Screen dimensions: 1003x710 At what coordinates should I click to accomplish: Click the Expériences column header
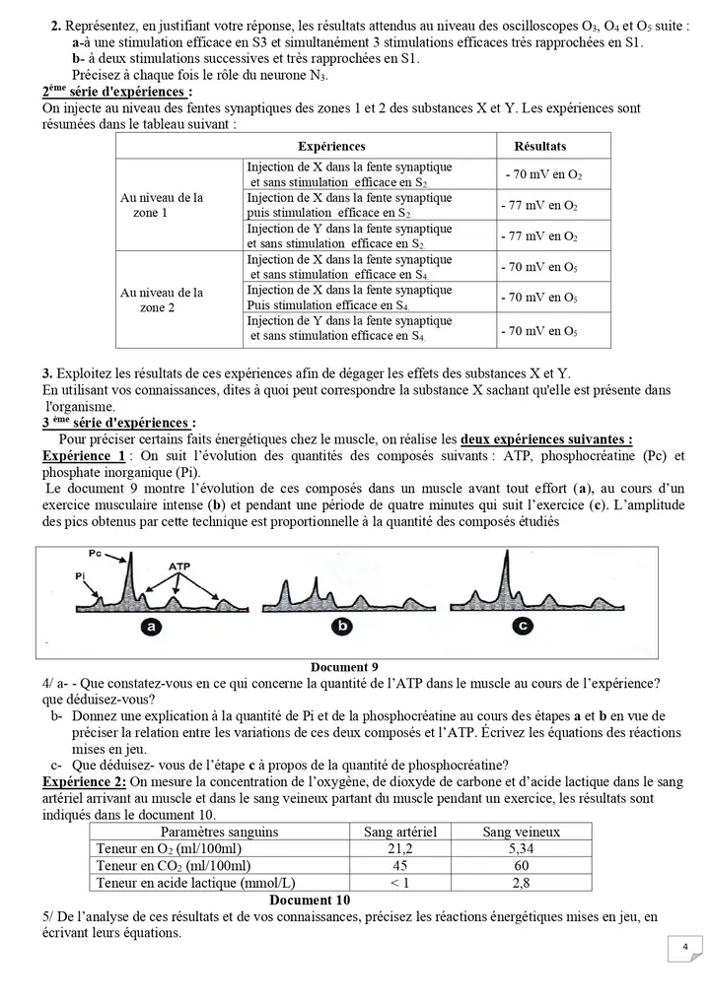[x=331, y=146]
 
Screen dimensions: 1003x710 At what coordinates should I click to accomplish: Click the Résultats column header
[x=540, y=146]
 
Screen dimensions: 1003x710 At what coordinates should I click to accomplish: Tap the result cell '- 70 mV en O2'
[x=543, y=175]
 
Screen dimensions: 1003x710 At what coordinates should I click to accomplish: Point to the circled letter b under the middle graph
[x=342, y=626]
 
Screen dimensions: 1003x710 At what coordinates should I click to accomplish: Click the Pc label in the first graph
[x=94, y=555]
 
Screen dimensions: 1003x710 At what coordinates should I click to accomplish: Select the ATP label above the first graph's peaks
[x=179, y=568]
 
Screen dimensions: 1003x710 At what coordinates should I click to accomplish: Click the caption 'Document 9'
[x=344, y=666]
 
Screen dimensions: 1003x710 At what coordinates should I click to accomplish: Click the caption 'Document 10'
[x=310, y=900]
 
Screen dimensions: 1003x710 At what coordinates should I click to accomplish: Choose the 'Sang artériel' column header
[x=401, y=832]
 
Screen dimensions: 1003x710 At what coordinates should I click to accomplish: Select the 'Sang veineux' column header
[x=521, y=832]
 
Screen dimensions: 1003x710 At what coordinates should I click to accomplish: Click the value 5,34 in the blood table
[x=521, y=848]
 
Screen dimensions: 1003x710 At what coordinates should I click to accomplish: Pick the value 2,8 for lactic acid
[x=521, y=883]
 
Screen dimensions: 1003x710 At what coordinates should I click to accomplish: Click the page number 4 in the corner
[x=684, y=947]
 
